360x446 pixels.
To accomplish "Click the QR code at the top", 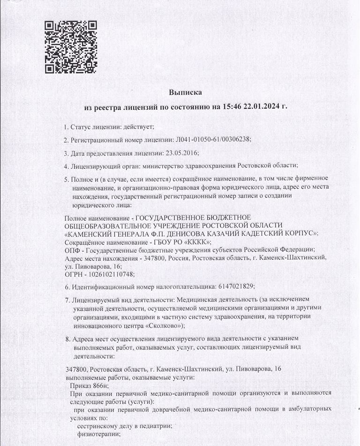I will [70, 47].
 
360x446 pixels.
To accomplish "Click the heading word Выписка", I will [185, 92].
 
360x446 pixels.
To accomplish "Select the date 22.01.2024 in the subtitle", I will [258, 107].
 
